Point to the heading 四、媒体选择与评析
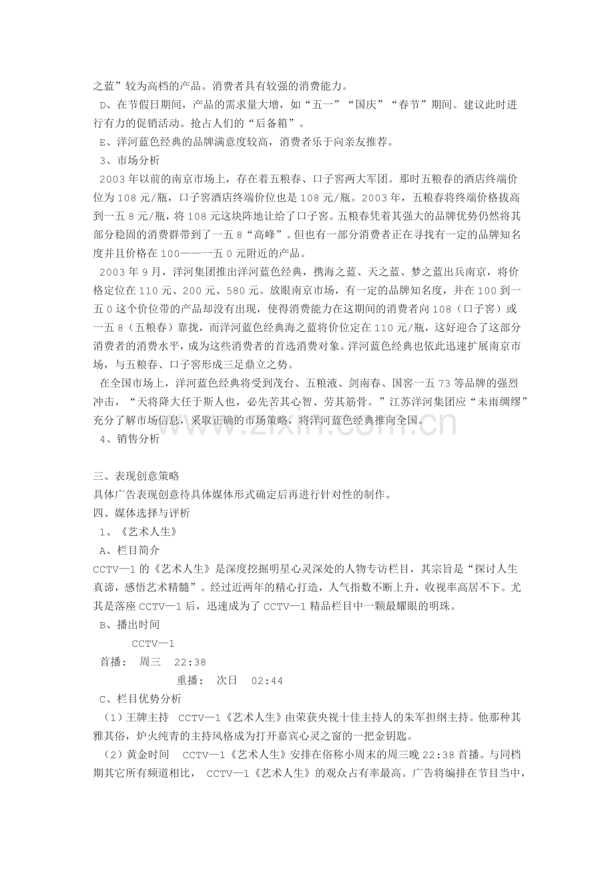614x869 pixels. coord(141,513)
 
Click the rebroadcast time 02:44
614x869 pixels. coord(267,681)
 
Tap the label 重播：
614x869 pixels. coord(190,681)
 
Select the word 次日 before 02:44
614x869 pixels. coord(228,681)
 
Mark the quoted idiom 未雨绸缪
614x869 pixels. coord(493,402)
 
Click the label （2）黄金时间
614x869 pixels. coord(135,755)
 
